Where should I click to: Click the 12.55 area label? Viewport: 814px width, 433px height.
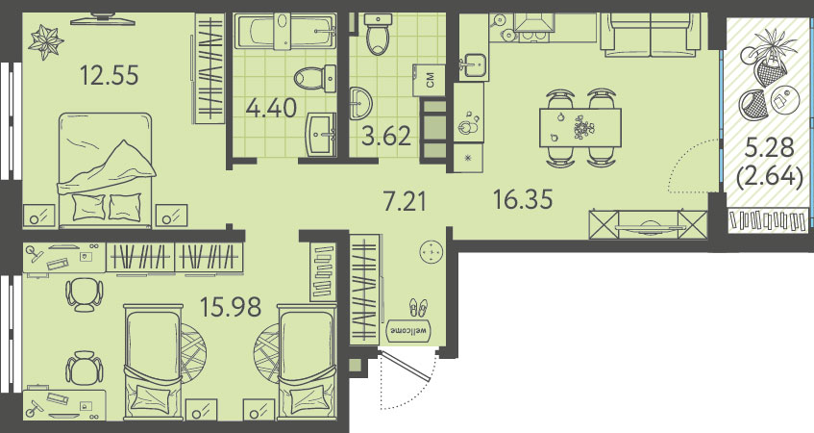click(110, 75)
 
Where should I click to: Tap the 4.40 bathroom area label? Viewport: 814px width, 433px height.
click(272, 108)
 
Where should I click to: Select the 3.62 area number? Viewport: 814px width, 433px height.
click(386, 137)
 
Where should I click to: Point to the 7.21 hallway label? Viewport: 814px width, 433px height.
click(405, 201)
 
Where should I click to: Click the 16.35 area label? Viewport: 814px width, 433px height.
click(523, 199)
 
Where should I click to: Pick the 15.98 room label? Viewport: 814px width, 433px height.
click(231, 307)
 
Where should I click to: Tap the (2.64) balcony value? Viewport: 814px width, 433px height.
click(770, 177)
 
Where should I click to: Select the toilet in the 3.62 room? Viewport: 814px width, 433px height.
click(378, 35)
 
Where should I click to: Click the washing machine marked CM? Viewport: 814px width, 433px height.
click(430, 80)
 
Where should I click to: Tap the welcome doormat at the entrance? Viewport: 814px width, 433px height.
click(410, 329)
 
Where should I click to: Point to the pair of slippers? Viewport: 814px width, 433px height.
click(418, 307)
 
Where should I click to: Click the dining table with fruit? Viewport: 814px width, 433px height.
click(580, 128)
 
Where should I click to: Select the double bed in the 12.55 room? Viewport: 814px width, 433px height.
click(107, 170)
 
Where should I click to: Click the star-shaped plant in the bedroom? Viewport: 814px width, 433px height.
click(46, 40)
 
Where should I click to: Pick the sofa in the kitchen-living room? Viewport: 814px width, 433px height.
click(650, 35)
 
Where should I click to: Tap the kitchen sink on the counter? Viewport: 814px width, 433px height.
click(473, 65)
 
